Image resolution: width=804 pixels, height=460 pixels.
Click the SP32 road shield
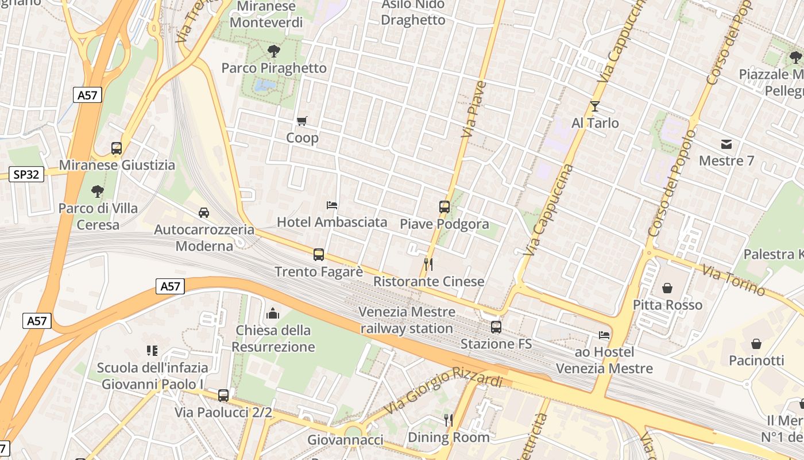coord(27,174)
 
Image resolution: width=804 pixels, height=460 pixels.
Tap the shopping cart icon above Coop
coord(302,121)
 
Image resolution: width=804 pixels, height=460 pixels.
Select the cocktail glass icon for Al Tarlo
coord(594,106)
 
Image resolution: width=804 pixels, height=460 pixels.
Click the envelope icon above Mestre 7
coord(726,144)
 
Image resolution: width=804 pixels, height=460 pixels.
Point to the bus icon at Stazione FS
coord(496,327)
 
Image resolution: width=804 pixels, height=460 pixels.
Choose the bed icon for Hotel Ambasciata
coord(331,205)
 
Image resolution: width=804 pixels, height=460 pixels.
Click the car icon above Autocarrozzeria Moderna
coord(204,213)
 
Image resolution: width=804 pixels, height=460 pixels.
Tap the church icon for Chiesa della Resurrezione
coord(273,313)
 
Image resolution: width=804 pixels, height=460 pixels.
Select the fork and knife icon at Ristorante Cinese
coord(428,264)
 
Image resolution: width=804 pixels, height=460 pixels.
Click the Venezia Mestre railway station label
coord(407,320)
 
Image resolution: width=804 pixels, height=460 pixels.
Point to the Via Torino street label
coord(733,280)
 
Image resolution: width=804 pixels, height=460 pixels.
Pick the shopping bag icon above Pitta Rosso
coord(667,287)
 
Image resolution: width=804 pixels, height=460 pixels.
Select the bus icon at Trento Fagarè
coord(319,254)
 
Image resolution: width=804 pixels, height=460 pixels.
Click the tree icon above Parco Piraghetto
coord(274,51)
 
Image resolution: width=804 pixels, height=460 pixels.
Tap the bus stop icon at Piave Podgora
coord(444,207)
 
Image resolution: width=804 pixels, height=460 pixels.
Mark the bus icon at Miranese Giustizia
coord(117,148)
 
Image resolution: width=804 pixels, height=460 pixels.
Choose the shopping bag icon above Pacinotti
coord(756,344)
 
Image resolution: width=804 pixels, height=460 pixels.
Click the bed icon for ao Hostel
coord(604,335)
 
